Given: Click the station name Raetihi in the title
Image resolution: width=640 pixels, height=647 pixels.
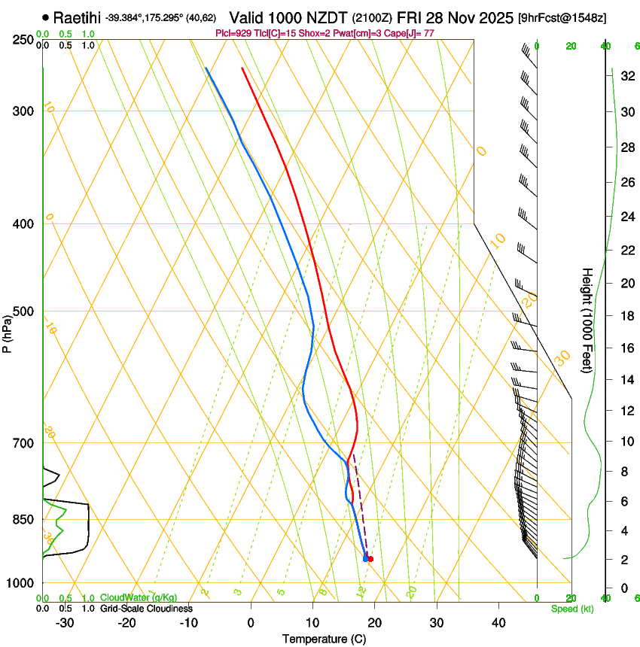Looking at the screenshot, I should pos(78,17).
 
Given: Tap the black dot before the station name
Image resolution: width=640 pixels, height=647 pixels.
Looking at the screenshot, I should pos(47,17).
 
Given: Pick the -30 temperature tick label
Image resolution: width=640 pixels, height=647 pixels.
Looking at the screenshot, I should pos(65,622).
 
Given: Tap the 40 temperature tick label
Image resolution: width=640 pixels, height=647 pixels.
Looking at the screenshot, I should pos(498,622).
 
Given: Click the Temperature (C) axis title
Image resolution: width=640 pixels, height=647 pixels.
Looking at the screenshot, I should pos(324,639).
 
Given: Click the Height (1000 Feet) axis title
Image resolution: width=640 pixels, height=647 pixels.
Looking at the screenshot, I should pos(587,320).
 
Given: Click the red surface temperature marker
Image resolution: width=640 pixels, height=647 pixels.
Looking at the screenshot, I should pos(370,559).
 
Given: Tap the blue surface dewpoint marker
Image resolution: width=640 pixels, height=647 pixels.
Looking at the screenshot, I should pos(365,558).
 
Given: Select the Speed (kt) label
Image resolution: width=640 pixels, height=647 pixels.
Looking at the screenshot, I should pos(572,608).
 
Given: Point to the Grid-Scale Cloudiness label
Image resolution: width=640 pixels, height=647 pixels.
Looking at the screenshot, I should pos(146,608).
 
